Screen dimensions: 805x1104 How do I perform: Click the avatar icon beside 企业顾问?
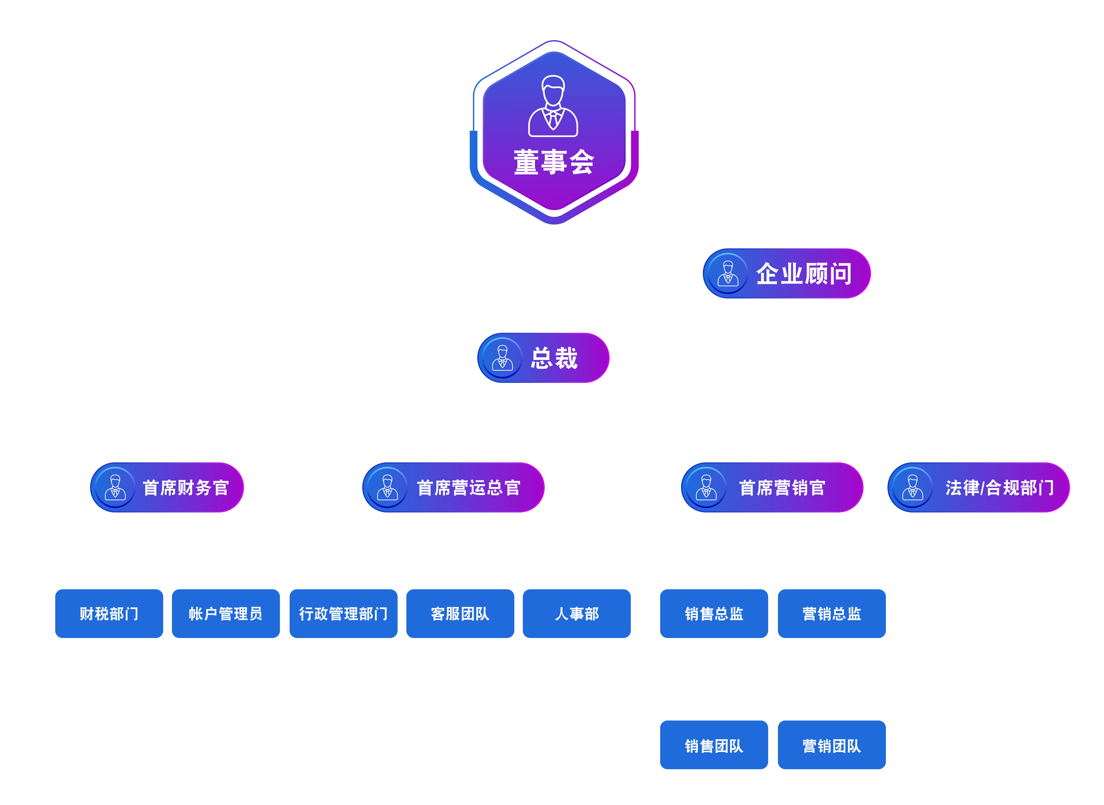[x=728, y=273]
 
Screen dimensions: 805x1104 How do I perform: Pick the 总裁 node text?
[x=554, y=358]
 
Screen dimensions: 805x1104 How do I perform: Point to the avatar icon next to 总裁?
[x=502, y=358]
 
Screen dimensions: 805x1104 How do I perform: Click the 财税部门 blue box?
[x=109, y=614]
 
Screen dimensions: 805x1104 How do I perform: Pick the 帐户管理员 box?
[x=226, y=614]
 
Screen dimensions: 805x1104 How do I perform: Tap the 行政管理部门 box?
[x=343, y=614]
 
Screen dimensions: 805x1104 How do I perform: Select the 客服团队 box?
[x=460, y=614]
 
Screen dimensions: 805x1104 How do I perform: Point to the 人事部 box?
[x=577, y=614]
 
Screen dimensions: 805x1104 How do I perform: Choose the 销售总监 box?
[x=714, y=614]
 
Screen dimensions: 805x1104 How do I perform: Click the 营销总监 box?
[x=832, y=614]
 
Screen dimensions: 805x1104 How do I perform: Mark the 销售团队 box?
[x=714, y=745]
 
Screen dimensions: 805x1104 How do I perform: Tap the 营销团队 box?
[x=832, y=745]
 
